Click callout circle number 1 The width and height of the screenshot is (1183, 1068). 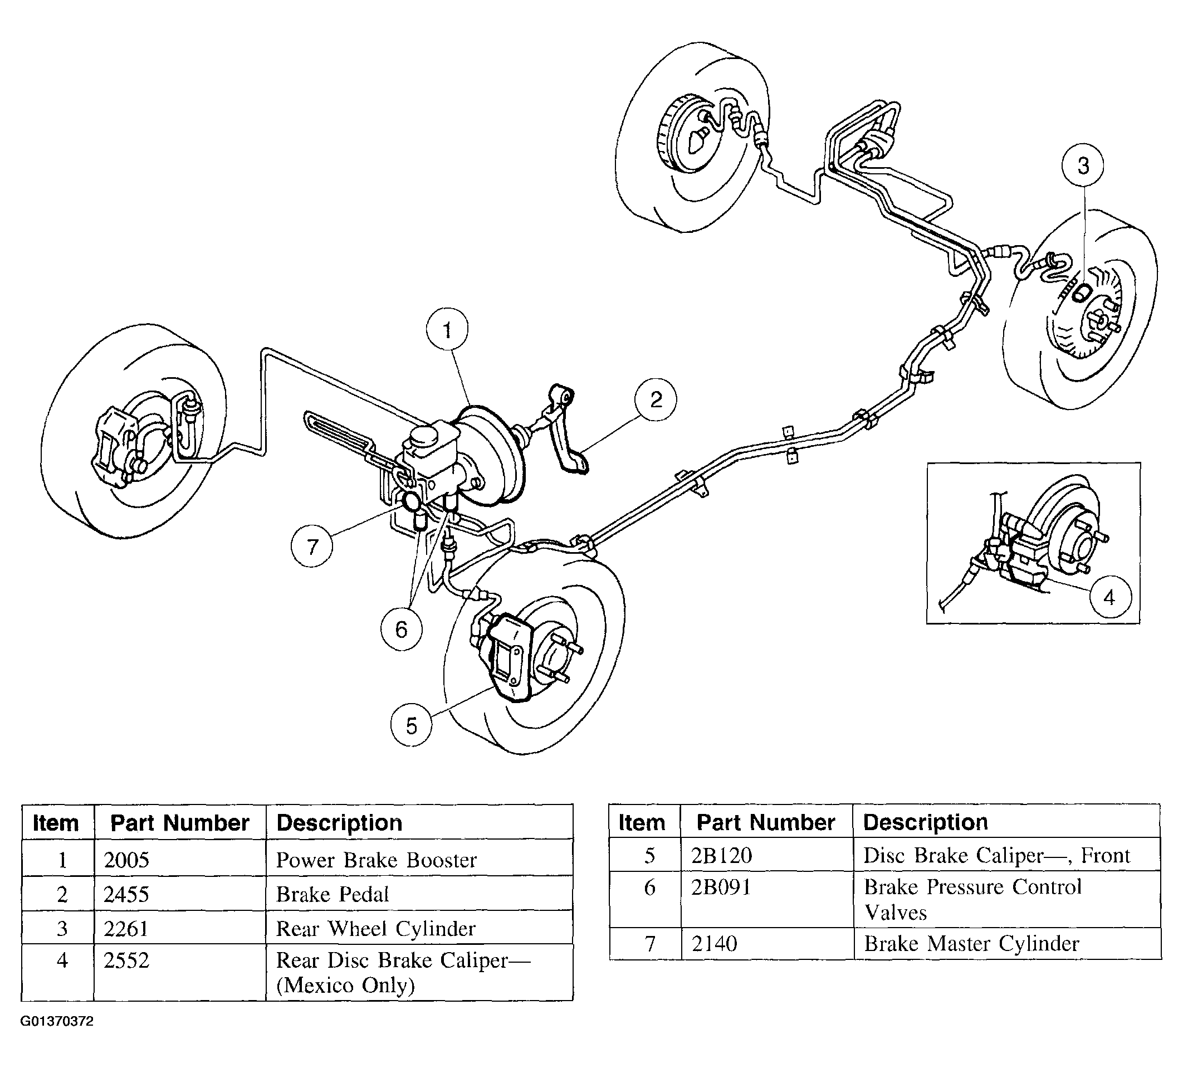[447, 330]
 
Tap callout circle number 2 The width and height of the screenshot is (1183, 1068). [656, 399]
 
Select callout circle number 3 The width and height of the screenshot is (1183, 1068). [1083, 166]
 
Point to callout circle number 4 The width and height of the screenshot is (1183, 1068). [1108, 597]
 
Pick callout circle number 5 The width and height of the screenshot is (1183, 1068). [412, 725]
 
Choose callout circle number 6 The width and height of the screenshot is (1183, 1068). [401, 630]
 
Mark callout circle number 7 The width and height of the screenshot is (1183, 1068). [312, 546]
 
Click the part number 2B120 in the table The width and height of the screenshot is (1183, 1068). [721, 856]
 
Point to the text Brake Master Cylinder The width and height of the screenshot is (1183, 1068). [971, 944]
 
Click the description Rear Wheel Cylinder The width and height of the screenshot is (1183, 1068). [375, 928]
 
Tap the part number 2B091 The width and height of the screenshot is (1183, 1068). [721, 887]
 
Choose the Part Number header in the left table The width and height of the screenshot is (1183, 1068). [180, 823]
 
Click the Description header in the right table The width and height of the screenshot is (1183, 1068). [926, 822]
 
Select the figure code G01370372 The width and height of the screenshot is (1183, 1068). [57, 1021]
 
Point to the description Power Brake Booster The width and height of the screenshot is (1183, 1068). [377, 860]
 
